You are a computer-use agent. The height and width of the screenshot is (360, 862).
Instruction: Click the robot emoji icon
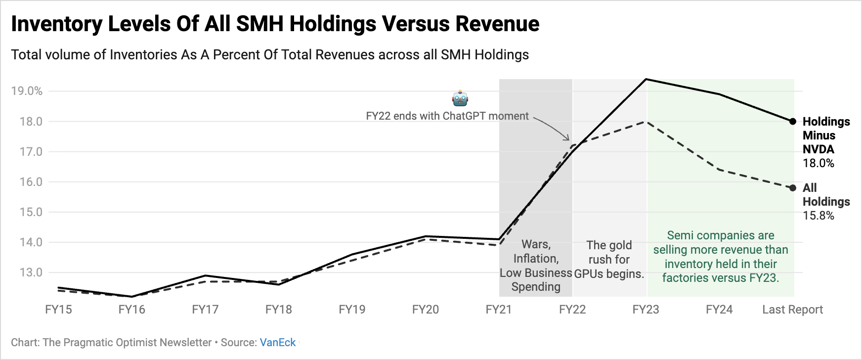tap(460, 98)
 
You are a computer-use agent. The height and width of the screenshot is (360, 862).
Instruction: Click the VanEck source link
tap(277, 342)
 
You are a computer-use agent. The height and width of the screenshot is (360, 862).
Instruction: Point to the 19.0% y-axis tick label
tap(27, 91)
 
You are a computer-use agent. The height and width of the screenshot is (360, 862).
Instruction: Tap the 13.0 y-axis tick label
tap(31, 272)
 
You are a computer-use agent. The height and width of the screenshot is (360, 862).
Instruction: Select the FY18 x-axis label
tap(278, 310)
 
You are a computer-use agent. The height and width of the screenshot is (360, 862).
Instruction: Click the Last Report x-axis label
tap(792, 310)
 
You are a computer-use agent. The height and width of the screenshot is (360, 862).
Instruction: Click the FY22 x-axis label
tap(572, 310)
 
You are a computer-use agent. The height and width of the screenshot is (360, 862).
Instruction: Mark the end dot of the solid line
tap(793, 121)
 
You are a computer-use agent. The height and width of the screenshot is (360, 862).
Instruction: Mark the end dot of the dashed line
tap(793, 188)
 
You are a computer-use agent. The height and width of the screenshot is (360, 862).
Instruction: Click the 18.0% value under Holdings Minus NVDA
tap(818, 163)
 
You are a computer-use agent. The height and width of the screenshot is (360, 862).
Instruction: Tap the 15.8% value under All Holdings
tap(818, 216)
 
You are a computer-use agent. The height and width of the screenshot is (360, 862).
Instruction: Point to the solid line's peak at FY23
tap(646, 79)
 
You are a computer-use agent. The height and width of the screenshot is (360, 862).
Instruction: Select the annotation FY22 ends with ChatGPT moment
tap(447, 116)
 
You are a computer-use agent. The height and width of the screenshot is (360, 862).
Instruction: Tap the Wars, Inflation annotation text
tap(536, 266)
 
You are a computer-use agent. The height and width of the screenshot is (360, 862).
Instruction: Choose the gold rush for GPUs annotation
tap(609, 260)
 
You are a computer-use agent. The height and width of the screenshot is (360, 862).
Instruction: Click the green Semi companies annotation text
tap(721, 257)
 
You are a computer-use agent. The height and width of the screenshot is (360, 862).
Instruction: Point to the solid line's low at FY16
tap(132, 297)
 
